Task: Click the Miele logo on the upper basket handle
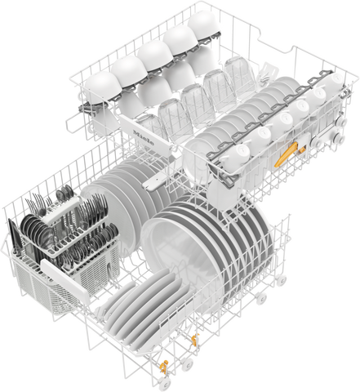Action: pyautogui.click(x=144, y=138)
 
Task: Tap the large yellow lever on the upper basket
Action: pyautogui.click(x=286, y=154)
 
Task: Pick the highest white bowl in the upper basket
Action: pyautogui.click(x=203, y=25)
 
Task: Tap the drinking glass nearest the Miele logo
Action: pyautogui.click(x=150, y=127)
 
